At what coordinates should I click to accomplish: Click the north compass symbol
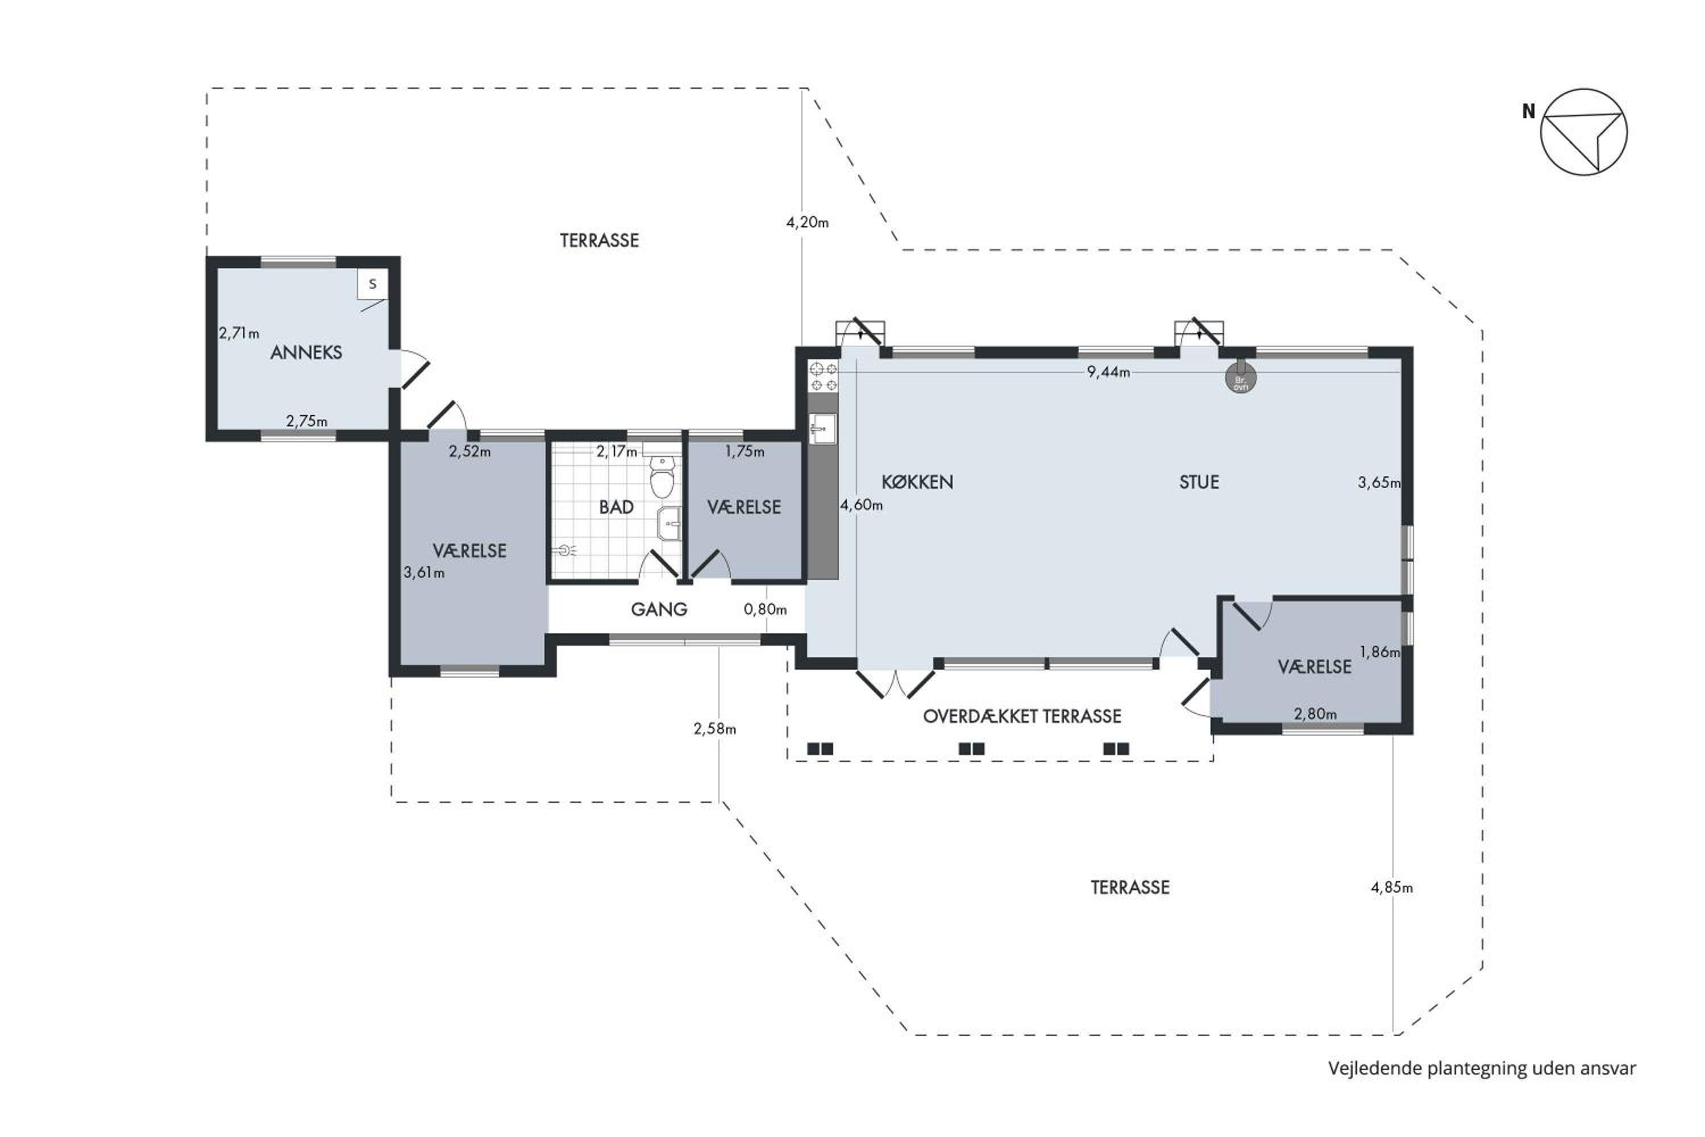tap(1583, 132)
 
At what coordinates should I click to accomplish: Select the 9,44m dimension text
tap(1108, 372)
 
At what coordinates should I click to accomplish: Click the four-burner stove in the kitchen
tap(824, 377)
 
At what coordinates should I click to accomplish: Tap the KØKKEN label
tap(917, 482)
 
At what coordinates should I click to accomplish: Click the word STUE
tap(1199, 482)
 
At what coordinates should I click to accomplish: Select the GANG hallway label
tap(659, 609)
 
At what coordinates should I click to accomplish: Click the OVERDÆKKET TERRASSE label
tap(1022, 716)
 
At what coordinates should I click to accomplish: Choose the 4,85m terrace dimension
tap(1392, 887)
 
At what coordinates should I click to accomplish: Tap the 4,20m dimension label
tap(808, 223)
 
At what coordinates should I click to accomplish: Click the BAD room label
tap(616, 508)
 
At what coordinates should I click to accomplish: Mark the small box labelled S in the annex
tap(373, 284)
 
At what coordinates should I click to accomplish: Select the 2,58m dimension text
tap(715, 729)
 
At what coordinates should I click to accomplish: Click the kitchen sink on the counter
tap(822, 429)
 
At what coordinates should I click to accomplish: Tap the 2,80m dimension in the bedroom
tap(1316, 714)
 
